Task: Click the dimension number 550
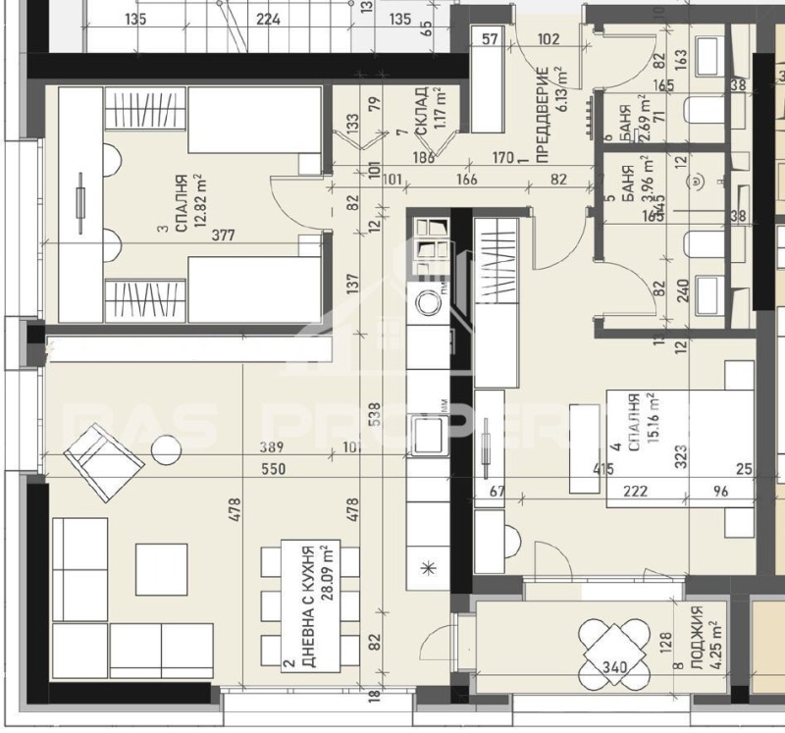point(273,469)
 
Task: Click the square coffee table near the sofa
point(161,569)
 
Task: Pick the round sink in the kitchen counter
point(429,302)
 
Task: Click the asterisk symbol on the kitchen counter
point(427,568)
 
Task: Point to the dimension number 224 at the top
point(267,19)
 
